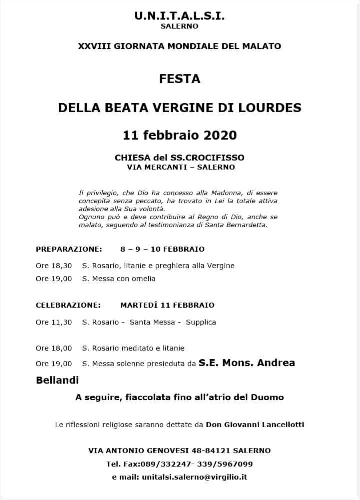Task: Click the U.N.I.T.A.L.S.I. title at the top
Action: tap(179, 16)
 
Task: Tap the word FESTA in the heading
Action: tap(179, 79)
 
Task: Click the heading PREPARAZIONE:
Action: tap(69, 249)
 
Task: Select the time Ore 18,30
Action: tap(54, 266)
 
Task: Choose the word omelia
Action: tap(143, 279)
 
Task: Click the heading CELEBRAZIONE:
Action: tap(68, 305)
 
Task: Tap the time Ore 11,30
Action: tap(54, 322)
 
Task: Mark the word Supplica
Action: tap(201, 322)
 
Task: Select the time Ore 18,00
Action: tap(54, 348)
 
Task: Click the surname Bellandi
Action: tap(57, 380)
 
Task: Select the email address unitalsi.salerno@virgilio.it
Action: tap(194, 477)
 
